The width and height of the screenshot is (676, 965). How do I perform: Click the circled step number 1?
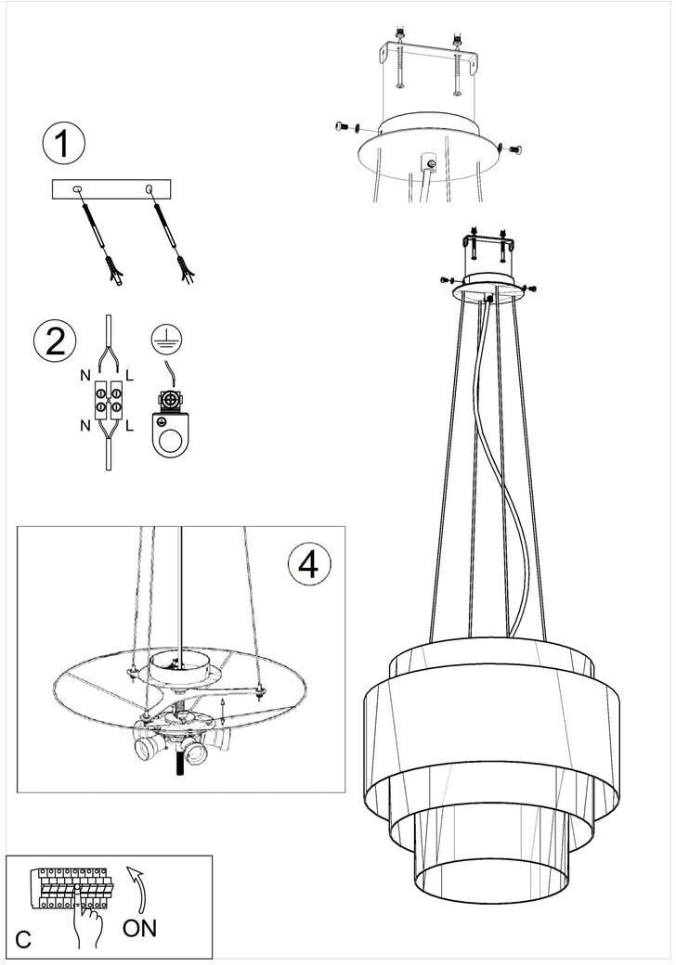click(63, 144)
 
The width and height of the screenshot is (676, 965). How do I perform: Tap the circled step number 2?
click(56, 341)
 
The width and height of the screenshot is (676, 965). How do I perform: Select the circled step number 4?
click(309, 564)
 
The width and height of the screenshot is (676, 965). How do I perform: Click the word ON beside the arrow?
click(140, 928)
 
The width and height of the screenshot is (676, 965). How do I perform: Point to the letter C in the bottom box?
click(23, 940)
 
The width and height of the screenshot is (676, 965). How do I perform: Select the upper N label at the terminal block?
click(85, 375)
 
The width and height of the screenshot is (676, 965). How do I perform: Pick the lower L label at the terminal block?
click(129, 425)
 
